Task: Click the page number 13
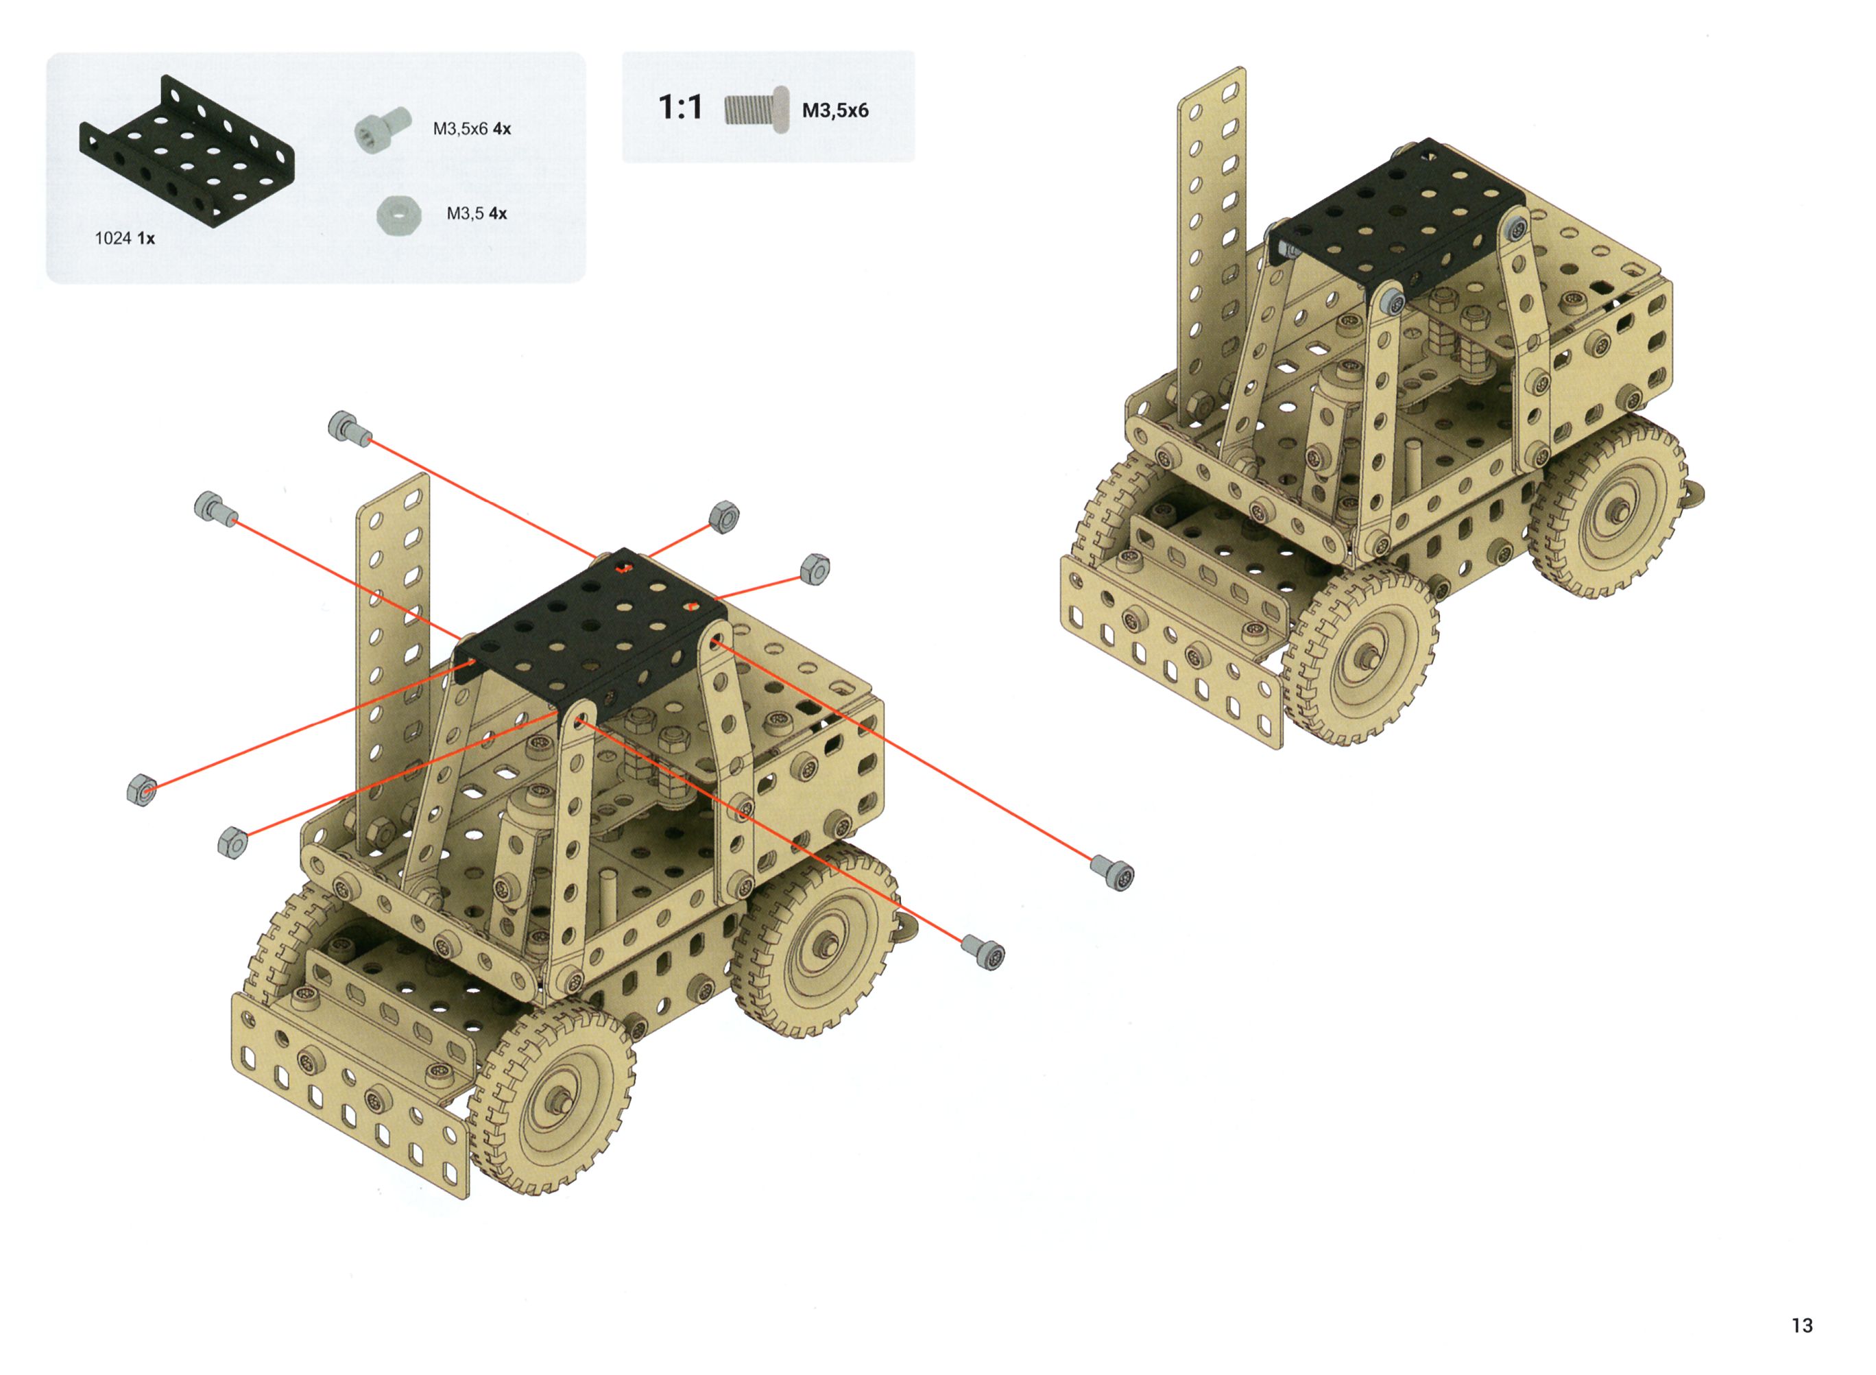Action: (1802, 1325)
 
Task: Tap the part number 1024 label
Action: (113, 239)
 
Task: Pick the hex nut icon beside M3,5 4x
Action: (398, 215)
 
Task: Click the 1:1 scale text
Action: (680, 108)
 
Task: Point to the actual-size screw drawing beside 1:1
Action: (756, 110)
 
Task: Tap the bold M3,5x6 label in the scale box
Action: (834, 110)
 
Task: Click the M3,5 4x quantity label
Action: (476, 214)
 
